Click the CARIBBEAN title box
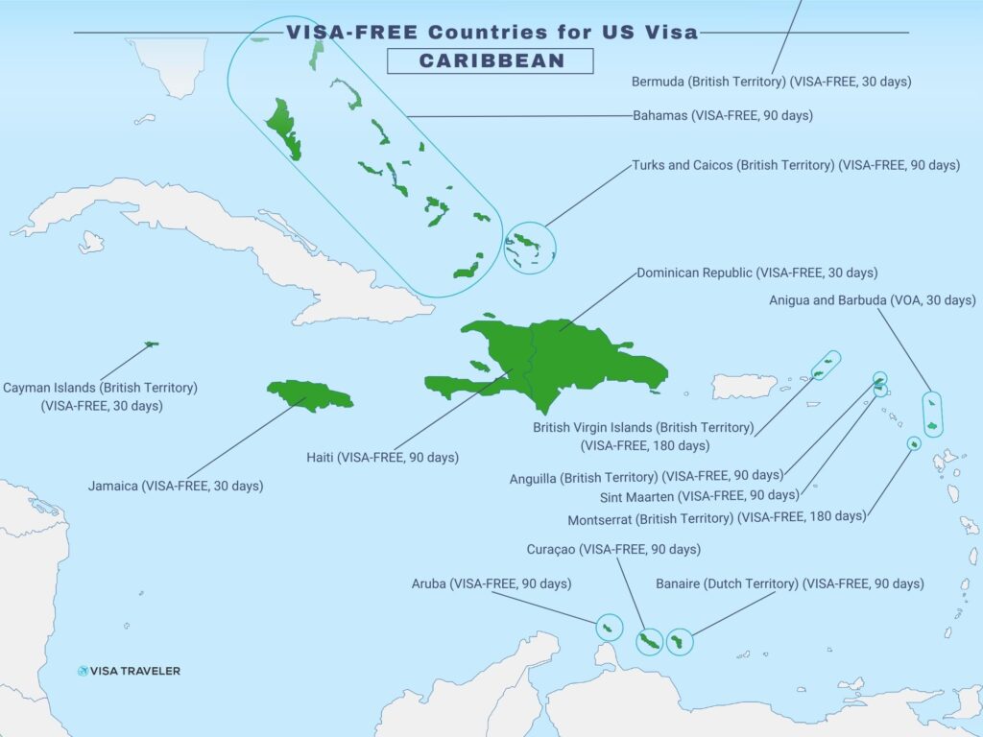point(491,60)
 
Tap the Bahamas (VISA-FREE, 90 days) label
point(722,115)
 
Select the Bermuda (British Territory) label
point(771,82)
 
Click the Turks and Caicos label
point(795,165)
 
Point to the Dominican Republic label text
point(756,273)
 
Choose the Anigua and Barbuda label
point(872,300)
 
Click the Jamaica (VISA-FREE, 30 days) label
point(175,486)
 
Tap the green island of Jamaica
point(309,394)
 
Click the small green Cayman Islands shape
point(151,344)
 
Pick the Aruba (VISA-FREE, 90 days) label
point(491,583)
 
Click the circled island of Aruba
point(608,628)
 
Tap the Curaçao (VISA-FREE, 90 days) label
point(613,550)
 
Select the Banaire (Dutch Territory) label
point(789,583)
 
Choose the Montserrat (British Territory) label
point(716,516)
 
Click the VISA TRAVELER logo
point(129,671)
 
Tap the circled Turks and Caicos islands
point(529,247)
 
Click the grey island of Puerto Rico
point(743,386)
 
